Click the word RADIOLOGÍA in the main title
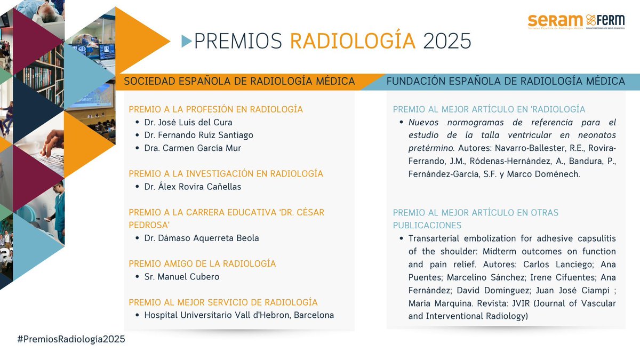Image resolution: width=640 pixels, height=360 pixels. point(353,41)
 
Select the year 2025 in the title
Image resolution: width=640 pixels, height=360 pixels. point(447,41)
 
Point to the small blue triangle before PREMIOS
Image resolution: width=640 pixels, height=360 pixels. point(186,41)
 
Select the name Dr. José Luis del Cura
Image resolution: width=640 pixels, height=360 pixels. point(188,122)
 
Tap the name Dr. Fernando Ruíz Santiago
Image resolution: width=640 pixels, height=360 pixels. point(198,135)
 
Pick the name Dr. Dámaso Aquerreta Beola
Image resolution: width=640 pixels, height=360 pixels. point(202,238)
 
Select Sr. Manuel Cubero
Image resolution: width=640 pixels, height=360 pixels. point(181,276)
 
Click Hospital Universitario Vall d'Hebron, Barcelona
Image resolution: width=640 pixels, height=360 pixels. point(239,315)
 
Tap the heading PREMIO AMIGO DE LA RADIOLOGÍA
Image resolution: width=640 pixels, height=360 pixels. point(202,263)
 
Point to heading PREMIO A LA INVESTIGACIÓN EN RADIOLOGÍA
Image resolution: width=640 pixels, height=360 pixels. point(226,173)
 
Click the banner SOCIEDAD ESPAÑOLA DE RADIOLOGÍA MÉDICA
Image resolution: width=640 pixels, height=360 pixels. point(239,81)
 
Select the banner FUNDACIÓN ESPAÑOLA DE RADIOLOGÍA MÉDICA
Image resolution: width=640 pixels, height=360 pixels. point(506,81)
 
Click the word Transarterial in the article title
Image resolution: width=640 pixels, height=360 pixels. point(433,238)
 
